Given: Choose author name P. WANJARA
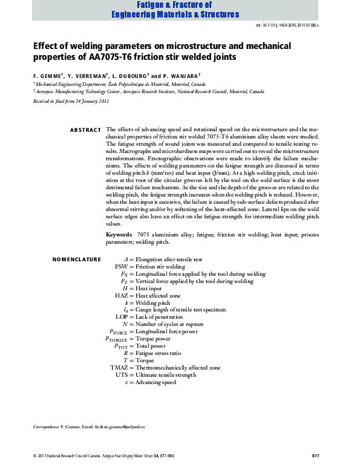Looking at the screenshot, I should tap(184, 76).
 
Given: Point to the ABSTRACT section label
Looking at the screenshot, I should tap(85, 130).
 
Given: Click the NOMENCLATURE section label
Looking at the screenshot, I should tap(77, 259).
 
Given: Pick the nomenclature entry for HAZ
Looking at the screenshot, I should tap(122, 296).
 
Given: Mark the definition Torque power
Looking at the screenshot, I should tap(156, 339).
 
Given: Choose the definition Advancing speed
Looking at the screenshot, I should tap(155, 382).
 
